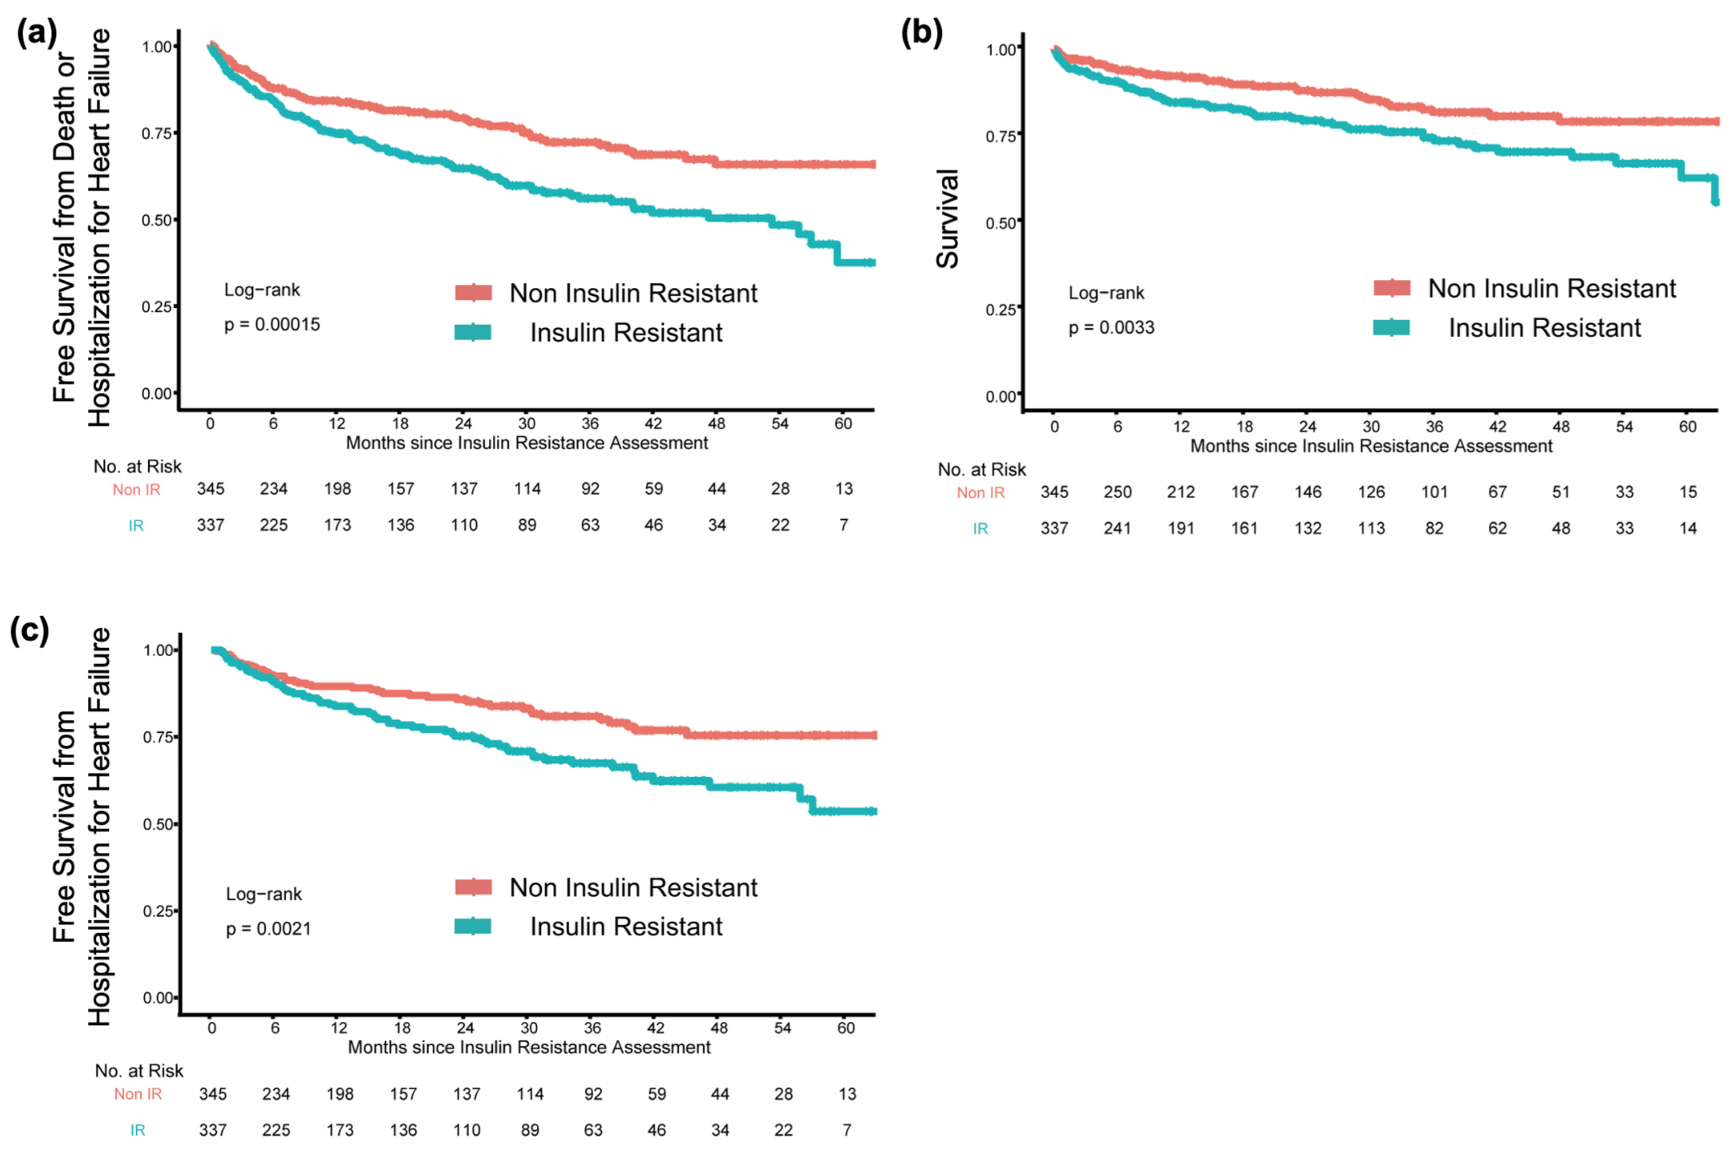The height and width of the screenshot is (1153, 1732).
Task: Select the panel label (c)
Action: pyautogui.click(x=29, y=631)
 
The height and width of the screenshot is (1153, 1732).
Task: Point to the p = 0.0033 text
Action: pyautogui.click(x=1111, y=328)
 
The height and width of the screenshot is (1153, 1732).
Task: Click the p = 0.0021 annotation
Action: pyautogui.click(x=269, y=929)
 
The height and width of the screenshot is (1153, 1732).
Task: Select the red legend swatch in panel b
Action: pyautogui.click(x=1392, y=288)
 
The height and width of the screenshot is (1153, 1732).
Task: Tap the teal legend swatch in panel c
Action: pyautogui.click(x=473, y=926)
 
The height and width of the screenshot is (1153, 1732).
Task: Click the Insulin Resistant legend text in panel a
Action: pyautogui.click(x=626, y=332)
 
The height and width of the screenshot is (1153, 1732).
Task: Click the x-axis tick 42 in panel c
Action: pyautogui.click(x=655, y=1028)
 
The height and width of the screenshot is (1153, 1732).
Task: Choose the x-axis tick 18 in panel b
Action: pyautogui.click(x=1244, y=427)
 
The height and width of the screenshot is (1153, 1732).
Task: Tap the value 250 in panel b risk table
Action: pyautogui.click(x=1117, y=492)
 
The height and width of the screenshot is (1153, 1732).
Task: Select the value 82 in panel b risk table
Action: pyautogui.click(x=1434, y=528)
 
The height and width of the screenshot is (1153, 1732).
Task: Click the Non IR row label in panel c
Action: pyautogui.click(x=138, y=1094)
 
